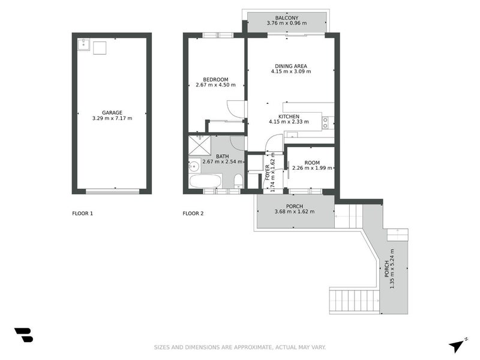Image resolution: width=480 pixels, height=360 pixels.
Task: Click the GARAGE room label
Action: tap(112, 112)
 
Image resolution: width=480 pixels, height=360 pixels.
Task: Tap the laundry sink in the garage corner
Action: tap(83, 44)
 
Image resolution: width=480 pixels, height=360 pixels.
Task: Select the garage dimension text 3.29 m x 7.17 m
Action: tap(112, 118)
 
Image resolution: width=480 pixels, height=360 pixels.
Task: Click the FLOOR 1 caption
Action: tap(82, 214)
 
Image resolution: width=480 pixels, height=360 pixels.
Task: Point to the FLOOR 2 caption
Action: tap(193, 214)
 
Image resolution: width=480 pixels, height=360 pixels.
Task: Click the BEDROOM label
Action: tap(215, 79)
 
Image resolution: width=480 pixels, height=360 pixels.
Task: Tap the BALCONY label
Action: tap(286, 18)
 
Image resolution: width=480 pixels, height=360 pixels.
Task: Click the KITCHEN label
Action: tap(289, 116)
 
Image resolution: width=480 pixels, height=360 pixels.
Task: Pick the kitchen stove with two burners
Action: tap(325, 122)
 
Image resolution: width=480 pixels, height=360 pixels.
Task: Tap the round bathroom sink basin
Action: tap(194, 166)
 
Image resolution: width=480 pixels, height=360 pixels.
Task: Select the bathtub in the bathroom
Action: tap(205, 181)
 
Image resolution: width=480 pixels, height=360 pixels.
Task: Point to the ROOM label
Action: tap(312, 162)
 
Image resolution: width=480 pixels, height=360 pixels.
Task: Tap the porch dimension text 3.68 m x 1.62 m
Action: tap(295, 211)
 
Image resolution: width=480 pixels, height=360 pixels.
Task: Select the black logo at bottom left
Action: tap(23, 335)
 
